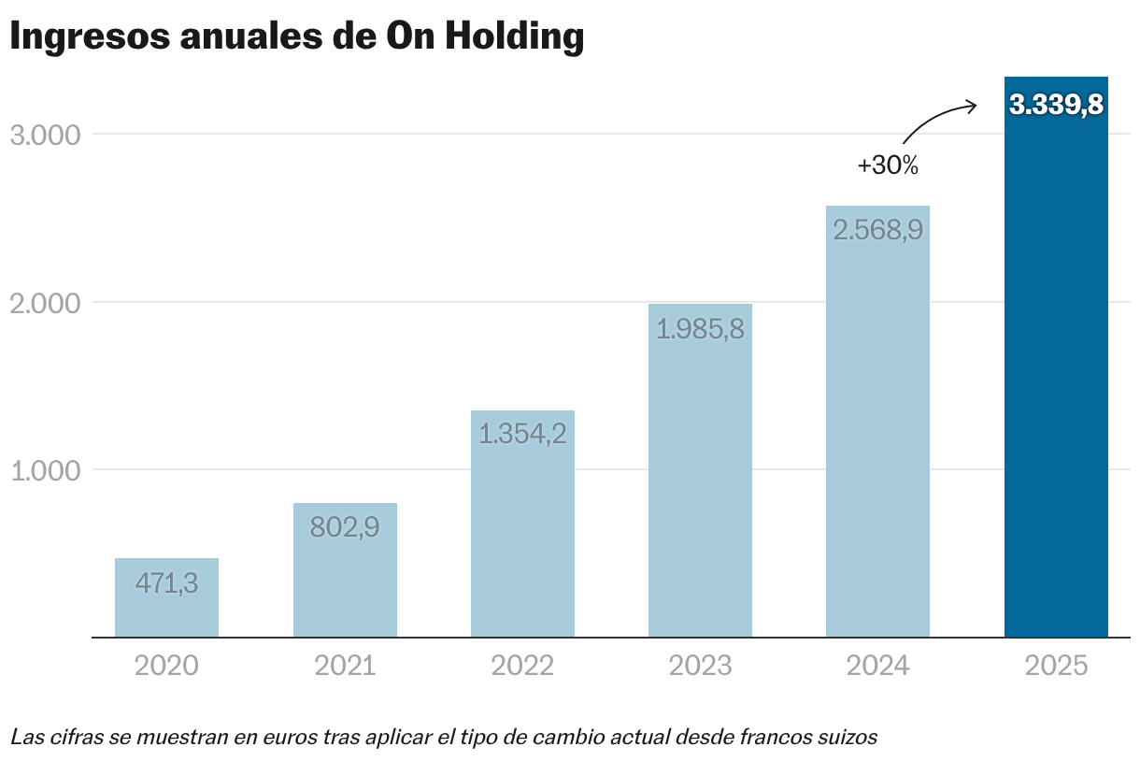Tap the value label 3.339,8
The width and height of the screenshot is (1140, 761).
[1056, 105]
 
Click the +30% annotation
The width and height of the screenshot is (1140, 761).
[888, 166]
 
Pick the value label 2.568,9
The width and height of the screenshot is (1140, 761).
[878, 230]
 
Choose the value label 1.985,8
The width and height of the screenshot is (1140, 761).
[700, 329]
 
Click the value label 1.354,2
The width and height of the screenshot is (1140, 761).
[522, 434]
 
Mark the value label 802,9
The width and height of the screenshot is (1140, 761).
[345, 527]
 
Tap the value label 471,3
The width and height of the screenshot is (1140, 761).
[166, 583]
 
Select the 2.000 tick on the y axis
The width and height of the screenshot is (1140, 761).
[45, 302]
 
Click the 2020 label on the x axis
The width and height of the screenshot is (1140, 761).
[166, 666]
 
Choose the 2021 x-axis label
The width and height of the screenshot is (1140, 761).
[345, 666]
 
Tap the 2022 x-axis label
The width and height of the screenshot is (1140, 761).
[522, 666]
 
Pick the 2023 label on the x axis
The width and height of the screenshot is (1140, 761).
[700, 666]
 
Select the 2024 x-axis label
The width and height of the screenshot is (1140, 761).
[878, 666]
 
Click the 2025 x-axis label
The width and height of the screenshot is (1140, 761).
[1056, 666]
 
